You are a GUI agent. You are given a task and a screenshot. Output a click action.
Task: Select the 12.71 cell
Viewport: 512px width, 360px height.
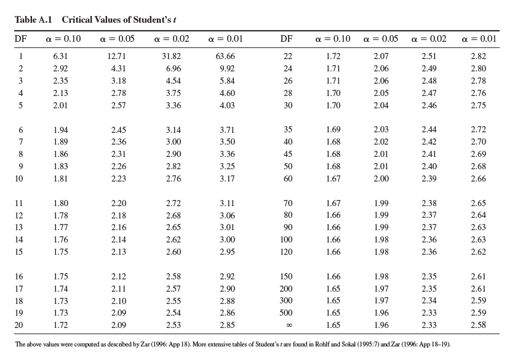(x=118, y=57)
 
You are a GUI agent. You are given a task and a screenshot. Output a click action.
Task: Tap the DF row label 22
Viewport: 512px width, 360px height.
(x=287, y=57)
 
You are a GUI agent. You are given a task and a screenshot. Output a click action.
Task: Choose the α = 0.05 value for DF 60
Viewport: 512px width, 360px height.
(x=381, y=179)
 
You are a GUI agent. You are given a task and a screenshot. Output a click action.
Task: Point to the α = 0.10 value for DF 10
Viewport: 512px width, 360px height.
(x=61, y=179)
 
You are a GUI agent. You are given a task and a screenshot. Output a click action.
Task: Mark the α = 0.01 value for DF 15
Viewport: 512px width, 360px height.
(x=226, y=252)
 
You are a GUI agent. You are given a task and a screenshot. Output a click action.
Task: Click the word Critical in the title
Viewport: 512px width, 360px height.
(x=78, y=19)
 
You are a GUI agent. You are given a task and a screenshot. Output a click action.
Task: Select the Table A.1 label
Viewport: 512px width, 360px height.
(x=34, y=19)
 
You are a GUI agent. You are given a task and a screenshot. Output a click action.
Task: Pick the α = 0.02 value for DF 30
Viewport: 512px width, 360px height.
(x=429, y=105)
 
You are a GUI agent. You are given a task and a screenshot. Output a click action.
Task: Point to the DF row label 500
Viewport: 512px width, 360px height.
(x=286, y=313)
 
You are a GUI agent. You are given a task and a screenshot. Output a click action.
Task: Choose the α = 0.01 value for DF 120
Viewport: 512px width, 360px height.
(x=478, y=252)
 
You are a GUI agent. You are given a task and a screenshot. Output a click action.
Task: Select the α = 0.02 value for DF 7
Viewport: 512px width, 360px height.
(x=174, y=142)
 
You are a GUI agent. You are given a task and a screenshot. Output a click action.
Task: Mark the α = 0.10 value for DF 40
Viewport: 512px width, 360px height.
(x=333, y=142)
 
